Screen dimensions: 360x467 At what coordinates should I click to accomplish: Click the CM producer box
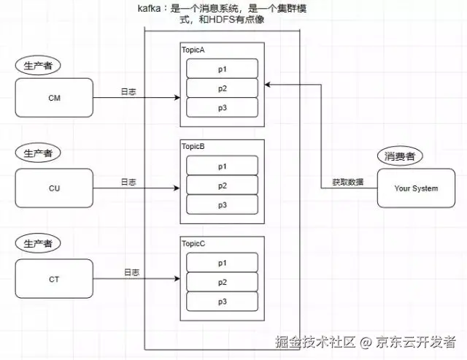[54, 96]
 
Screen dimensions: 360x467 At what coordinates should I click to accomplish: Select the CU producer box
[54, 188]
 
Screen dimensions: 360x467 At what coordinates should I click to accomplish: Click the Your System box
[416, 188]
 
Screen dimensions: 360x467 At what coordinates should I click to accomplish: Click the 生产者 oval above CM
[37, 65]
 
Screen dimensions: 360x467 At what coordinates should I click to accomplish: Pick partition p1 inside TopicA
[223, 68]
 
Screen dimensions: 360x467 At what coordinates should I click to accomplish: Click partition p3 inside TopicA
[223, 108]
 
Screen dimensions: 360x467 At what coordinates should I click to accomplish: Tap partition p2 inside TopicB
[223, 185]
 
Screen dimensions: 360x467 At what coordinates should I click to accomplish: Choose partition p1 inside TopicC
[223, 263]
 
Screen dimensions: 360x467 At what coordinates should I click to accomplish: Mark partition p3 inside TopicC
[223, 301]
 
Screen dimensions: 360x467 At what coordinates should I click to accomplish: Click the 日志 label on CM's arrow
[128, 91]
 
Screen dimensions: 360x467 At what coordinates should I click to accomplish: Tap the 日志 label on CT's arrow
[131, 272]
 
